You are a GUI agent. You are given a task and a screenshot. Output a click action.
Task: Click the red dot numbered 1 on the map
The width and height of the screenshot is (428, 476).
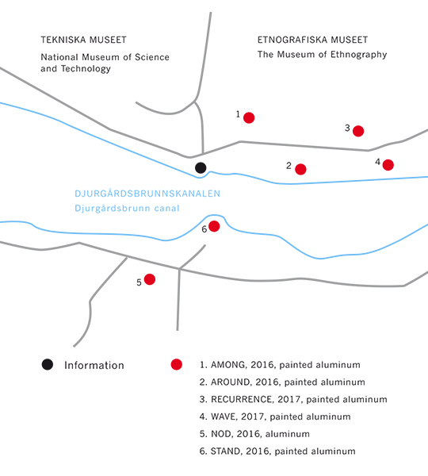click(x=249, y=117)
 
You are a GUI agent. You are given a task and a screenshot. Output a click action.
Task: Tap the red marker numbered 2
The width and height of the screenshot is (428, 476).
click(x=300, y=169)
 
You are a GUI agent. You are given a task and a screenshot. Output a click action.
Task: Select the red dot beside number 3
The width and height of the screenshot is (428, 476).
click(x=358, y=131)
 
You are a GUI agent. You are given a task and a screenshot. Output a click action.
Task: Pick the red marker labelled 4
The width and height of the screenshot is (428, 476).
click(x=388, y=165)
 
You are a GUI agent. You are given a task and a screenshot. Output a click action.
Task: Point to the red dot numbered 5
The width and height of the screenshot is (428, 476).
click(x=150, y=279)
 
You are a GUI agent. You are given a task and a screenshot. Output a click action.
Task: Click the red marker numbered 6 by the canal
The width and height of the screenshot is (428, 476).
click(x=214, y=226)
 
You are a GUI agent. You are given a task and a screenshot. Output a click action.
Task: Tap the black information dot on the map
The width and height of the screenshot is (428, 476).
click(x=201, y=167)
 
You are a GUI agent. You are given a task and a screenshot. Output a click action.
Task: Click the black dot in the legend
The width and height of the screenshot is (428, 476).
click(x=48, y=364)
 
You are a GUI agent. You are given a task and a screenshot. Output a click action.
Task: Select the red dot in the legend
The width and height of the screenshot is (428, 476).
click(x=177, y=364)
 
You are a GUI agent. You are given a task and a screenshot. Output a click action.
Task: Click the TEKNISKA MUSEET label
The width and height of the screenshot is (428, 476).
click(x=83, y=40)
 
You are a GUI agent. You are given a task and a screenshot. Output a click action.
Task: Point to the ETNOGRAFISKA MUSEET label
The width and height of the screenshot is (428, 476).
click(x=312, y=40)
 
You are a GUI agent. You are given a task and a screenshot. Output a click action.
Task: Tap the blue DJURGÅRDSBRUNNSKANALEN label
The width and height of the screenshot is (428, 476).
click(x=147, y=193)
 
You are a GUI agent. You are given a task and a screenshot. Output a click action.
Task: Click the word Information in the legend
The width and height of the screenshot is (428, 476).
click(x=94, y=365)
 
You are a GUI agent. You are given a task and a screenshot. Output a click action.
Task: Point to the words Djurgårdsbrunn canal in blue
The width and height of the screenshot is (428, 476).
click(x=127, y=209)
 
